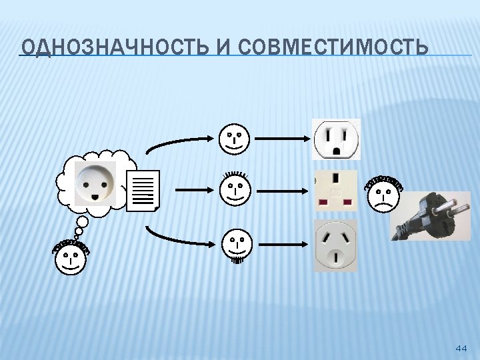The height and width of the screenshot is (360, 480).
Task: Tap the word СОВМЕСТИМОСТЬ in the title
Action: [x=332, y=48]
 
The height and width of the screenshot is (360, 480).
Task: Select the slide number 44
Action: [x=461, y=348]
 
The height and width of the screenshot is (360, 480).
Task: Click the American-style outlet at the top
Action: [x=337, y=139]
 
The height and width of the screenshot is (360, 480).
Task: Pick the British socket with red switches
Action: [x=335, y=189]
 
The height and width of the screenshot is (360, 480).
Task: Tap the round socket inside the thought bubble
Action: [x=95, y=182]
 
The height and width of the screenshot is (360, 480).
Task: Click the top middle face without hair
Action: [x=233, y=138]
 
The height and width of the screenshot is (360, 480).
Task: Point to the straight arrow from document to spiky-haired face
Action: [x=193, y=190]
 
